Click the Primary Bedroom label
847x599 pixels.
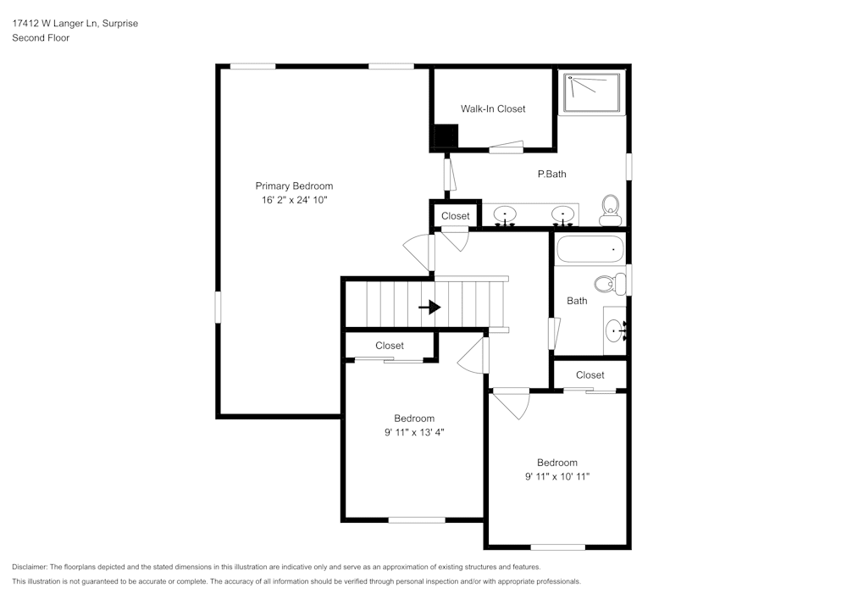[294, 186]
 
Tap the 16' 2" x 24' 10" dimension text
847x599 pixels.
[294, 200]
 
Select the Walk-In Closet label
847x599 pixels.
[493, 108]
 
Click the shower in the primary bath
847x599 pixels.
[592, 92]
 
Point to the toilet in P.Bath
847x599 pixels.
[610, 208]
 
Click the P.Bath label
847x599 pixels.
[551, 174]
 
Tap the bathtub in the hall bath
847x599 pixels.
[590, 250]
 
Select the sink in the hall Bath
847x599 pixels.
[615, 330]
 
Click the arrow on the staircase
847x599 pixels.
[430, 307]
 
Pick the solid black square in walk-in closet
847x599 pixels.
[446, 136]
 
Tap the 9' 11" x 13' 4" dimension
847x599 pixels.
[414, 432]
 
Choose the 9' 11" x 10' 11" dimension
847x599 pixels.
[556, 477]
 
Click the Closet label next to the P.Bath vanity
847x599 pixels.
[455, 216]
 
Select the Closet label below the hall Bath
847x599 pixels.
[590, 374]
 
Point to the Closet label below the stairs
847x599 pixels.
[390, 346]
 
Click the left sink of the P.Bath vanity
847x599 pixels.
[506, 214]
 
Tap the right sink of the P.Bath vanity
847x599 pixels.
[562, 214]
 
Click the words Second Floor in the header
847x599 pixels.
[41, 38]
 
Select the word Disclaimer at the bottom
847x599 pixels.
[30, 567]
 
